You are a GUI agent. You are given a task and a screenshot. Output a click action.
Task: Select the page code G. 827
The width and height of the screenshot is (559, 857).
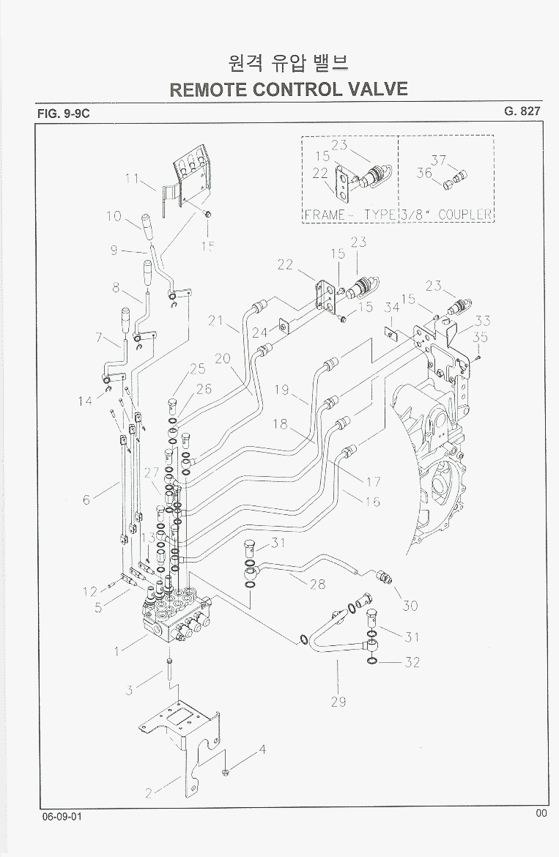[522, 111]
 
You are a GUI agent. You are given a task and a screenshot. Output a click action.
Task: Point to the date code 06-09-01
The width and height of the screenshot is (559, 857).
[62, 816]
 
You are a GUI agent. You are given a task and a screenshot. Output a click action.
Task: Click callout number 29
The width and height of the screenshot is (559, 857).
[338, 702]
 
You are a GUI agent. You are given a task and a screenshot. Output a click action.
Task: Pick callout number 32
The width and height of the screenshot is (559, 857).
[412, 662]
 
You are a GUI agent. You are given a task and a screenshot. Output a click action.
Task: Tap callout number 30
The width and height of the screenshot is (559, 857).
[410, 606]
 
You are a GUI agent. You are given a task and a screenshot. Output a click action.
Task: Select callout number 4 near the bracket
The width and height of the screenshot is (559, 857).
[262, 750]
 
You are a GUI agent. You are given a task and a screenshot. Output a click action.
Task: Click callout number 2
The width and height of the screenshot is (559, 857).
[149, 793]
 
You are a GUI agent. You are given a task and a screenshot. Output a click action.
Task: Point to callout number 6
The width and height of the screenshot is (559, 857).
[86, 500]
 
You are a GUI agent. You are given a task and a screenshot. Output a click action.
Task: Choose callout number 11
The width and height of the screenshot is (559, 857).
[132, 178]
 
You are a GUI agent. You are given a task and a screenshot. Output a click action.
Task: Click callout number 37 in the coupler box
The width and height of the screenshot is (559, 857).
[439, 160]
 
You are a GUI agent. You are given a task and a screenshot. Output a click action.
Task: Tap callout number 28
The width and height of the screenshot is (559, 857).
[317, 585]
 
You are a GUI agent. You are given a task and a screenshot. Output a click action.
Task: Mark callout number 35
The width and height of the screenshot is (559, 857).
[480, 338]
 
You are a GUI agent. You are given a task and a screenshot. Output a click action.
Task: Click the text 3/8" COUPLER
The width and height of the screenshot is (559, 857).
[446, 215]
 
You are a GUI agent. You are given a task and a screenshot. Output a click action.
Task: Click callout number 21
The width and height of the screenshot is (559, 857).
[215, 320]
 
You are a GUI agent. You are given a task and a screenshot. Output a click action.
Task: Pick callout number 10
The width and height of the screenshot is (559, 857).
[113, 215]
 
